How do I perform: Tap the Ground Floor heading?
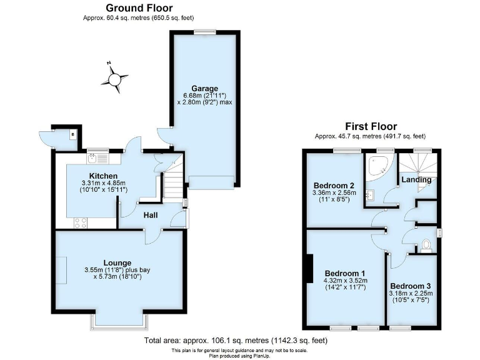pyautogui.click(x=139, y=8)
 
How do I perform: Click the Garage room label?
pyautogui.click(x=204, y=88)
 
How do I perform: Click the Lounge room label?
pyautogui.click(x=117, y=262)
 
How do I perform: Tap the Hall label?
pyautogui.click(x=150, y=215)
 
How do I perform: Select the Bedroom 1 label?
pyautogui.click(x=345, y=274)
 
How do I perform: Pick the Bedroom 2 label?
pyautogui.click(x=334, y=186)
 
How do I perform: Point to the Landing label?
pyautogui.click(x=416, y=180)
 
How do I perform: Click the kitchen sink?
pyautogui.click(x=95, y=158)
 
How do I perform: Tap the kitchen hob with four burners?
pyautogui.click(x=82, y=221)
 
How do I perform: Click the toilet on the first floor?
pyautogui.click(x=427, y=244)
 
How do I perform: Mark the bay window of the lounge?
pyautogui.click(x=120, y=321)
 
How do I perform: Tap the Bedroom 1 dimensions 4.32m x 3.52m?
pyautogui.click(x=346, y=281)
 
